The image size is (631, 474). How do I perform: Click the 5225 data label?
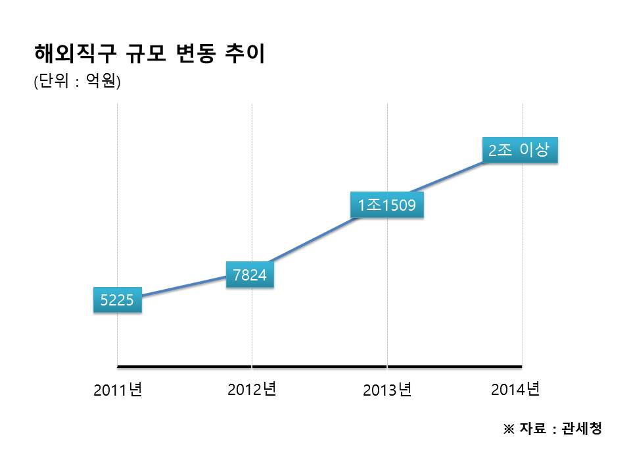pyautogui.click(x=117, y=301)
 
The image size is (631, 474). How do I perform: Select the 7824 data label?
pyautogui.click(x=250, y=275)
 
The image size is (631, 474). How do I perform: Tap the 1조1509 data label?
pyautogui.click(x=386, y=205)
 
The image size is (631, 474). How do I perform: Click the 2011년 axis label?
pyautogui.click(x=118, y=390)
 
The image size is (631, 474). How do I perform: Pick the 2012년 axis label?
pyautogui.click(x=252, y=389)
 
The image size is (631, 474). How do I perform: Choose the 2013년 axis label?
pyautogui.click(x=387, y=390)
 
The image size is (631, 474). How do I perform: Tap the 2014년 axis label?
pyautogui.click(x=515, y=389)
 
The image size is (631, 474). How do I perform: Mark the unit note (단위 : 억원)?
pyautogui.click(x=78, y=82)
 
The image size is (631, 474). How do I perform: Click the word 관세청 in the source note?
pyautogui.click(x=582, y=429)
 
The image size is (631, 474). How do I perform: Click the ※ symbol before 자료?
pyautogui.click(x=508, y=429)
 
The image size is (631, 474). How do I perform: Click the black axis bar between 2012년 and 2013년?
pyautogui.click(x=319, y=365)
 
